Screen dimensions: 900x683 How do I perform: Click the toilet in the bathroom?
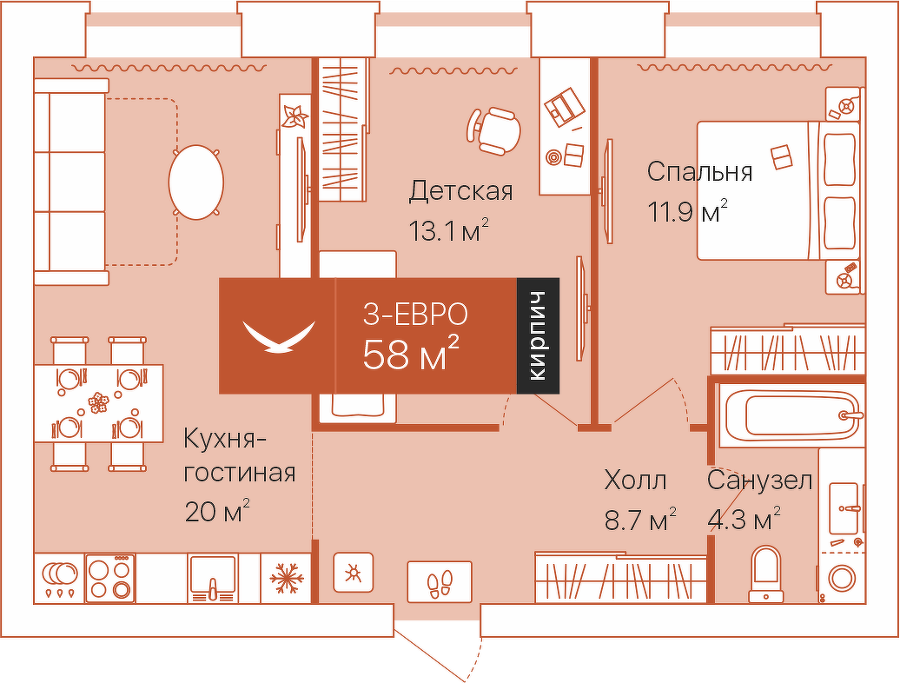point(766,574)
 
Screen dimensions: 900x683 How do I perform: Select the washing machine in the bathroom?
point(842,577)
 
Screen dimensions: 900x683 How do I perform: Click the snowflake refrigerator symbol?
point(286,578)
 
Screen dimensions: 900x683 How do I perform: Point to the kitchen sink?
point(213,578)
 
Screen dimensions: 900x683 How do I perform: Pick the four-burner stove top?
point(109,578)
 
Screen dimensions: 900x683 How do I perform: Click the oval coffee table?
point(195,182)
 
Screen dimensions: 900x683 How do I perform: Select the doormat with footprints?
point(440,582)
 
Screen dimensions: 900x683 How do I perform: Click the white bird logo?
point(279,336)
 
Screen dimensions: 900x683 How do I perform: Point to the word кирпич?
point(538,335)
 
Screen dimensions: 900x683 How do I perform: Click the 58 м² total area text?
point(411,355)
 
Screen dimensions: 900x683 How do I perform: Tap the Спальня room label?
point(699,171)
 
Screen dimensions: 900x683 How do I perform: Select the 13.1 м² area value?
point(449,230)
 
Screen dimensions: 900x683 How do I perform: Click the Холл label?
point(635,481)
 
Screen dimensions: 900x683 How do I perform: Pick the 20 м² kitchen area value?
point(217,511)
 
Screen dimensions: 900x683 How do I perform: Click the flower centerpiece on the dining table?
point(98,402)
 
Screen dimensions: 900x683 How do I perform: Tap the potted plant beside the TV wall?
point(295,116)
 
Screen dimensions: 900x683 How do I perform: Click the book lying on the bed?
point(781,156)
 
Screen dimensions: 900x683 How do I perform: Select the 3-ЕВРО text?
point(415,315)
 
